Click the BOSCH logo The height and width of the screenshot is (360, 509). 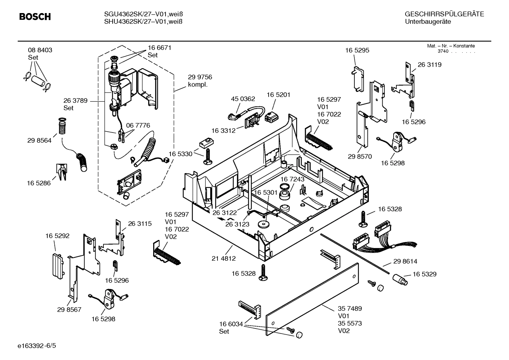(35, 17)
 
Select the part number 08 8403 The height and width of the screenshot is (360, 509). (40, 50)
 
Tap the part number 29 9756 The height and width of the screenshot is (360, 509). (200, 77)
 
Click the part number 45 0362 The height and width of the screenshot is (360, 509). (243, 99)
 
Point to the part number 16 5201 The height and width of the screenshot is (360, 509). (278, 95)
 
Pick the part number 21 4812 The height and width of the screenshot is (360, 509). (223, 259)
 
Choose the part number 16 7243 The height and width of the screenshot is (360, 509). (292, 179)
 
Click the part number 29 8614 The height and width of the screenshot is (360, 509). (405, 261)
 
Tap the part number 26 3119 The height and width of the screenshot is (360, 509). (429, 65)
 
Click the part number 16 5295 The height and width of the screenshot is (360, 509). (357, 50)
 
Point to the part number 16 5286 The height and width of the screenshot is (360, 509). (39, 183)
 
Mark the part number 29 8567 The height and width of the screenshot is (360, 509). (69, 309)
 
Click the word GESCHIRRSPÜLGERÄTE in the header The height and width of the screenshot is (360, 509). (444, 14)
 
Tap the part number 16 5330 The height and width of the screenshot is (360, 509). (180, 154)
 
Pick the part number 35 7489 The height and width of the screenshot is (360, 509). (350, 308)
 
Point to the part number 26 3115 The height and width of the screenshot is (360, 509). (140, 224)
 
